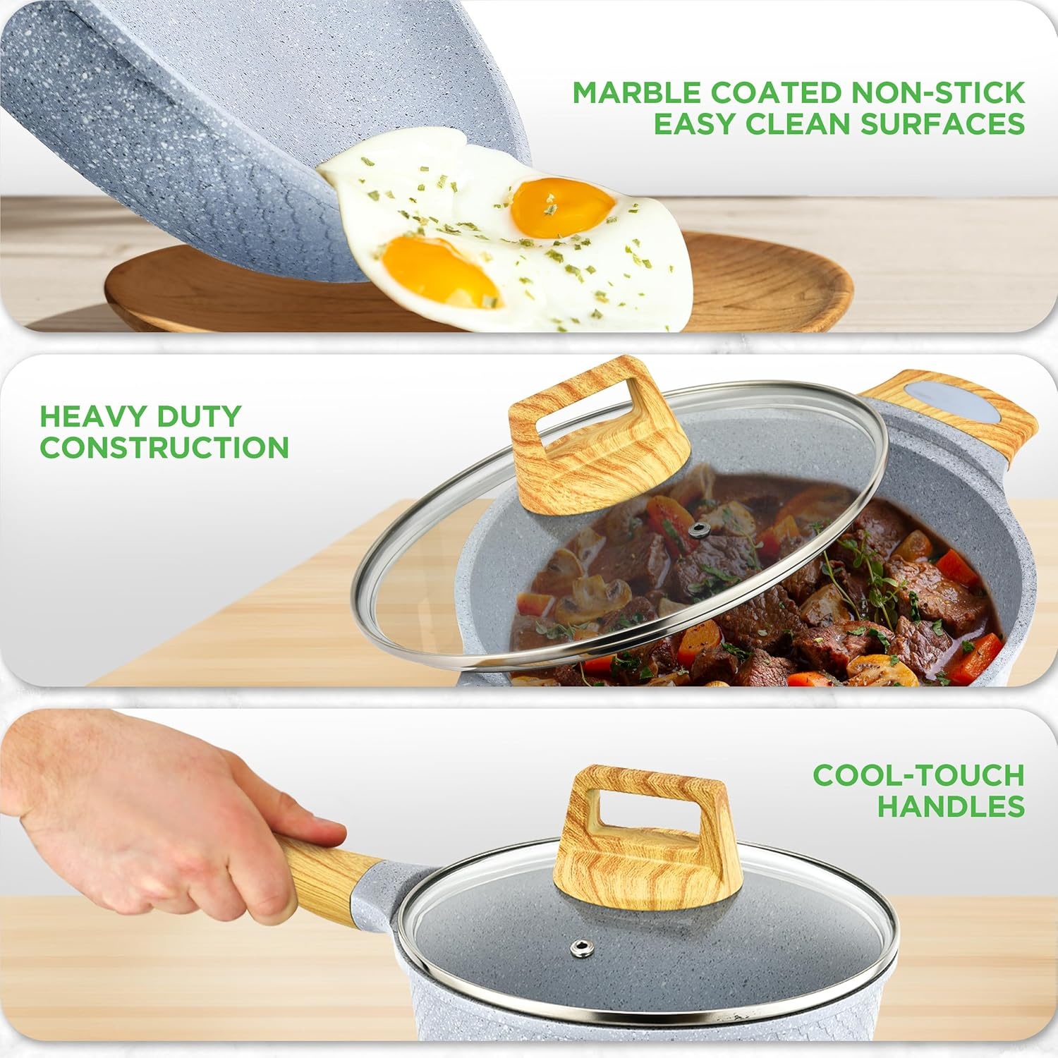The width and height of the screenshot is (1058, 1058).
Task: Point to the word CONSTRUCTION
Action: click(x=164, y=447)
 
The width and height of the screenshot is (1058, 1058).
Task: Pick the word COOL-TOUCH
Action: click(x=918, y=775)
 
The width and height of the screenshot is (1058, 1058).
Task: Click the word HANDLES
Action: click(x=951, y=806)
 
